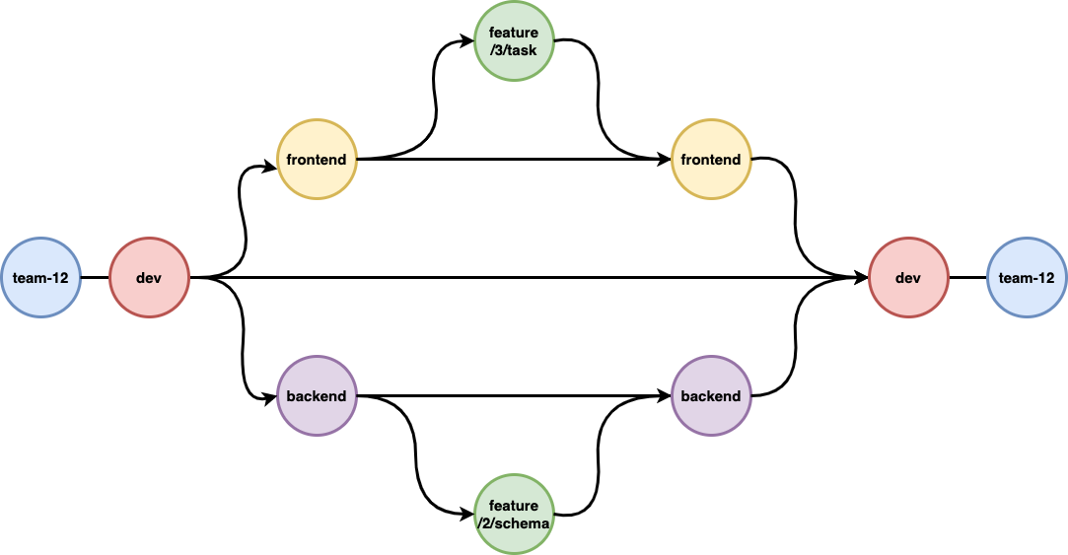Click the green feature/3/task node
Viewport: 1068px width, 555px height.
coord(514,41)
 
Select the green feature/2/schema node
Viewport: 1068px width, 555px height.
coord(514,515)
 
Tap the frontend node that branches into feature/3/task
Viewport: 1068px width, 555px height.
coord(317,159)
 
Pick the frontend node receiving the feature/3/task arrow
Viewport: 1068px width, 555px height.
coord(711,159)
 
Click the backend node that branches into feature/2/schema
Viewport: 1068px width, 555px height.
coord(317,396)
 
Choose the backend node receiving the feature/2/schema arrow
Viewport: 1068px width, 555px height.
coord(711,396)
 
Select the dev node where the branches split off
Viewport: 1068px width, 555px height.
coord(149,278)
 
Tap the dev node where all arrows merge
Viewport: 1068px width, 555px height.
coord(908,278)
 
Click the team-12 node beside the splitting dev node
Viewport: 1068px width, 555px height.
coord(40,278)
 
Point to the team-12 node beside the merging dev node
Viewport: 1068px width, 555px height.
coord(1027,278)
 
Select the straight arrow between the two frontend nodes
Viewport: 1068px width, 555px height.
coord(513,159)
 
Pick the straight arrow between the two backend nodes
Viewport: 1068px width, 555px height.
coord(513,396)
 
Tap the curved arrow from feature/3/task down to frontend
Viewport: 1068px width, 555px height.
coord(598,99)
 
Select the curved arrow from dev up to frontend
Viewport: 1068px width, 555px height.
coord(241,222)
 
